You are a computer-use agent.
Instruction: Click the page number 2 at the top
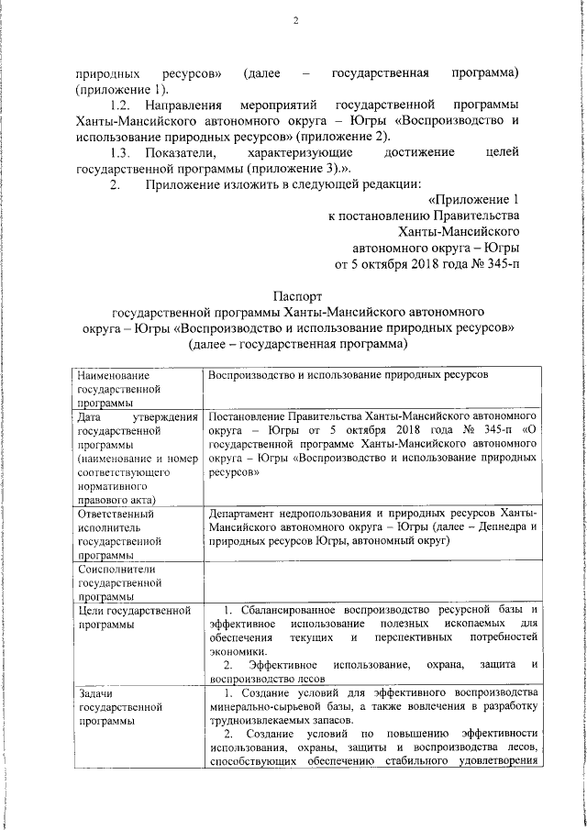click(296, 22)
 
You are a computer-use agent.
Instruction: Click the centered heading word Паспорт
click(298, 296)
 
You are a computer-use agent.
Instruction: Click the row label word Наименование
click(113, 376)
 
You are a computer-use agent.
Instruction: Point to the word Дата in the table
click(91, 416)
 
